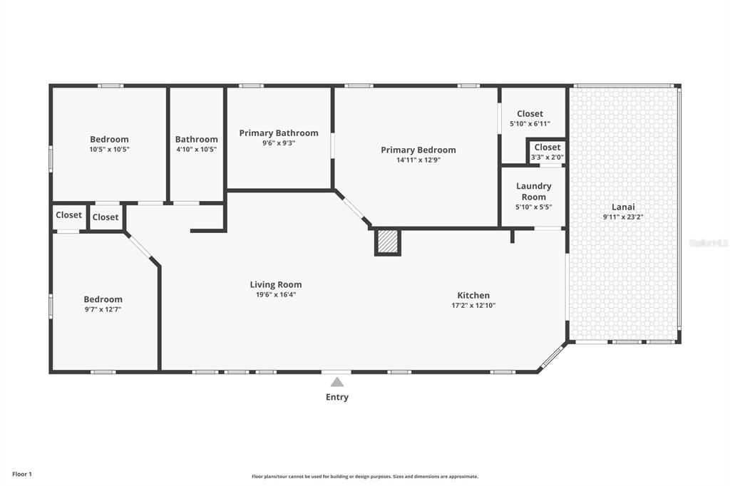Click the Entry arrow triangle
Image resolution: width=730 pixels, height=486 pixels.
[336, 382]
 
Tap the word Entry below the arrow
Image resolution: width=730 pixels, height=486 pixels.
[337, 398]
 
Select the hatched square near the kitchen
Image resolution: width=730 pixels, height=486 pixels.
[388, 242]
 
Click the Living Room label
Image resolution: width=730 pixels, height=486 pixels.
[275, 284]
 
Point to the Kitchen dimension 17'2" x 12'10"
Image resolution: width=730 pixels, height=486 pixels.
[473, 306]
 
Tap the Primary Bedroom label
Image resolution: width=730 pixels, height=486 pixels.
[418, 150]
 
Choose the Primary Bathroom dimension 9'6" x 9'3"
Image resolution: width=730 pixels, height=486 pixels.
[278, 143]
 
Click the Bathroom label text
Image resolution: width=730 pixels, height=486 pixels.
[196, 139]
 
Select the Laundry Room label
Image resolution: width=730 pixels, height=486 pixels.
[534, 192]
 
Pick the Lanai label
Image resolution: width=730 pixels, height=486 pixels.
[623, 207]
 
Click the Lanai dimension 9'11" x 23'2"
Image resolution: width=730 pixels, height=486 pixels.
[623, 217]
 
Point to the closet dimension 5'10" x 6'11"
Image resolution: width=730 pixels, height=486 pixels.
[530, 124]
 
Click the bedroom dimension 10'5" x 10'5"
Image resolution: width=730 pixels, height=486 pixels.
[109, 150]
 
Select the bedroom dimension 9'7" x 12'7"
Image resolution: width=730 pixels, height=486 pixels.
[103, 310]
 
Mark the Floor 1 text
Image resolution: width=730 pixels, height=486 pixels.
[22, 474]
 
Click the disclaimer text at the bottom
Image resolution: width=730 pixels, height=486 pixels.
[364, 477]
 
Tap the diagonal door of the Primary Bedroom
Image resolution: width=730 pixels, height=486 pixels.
[353, 208]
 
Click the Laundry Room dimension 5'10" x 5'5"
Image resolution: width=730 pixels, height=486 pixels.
[534, 207]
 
